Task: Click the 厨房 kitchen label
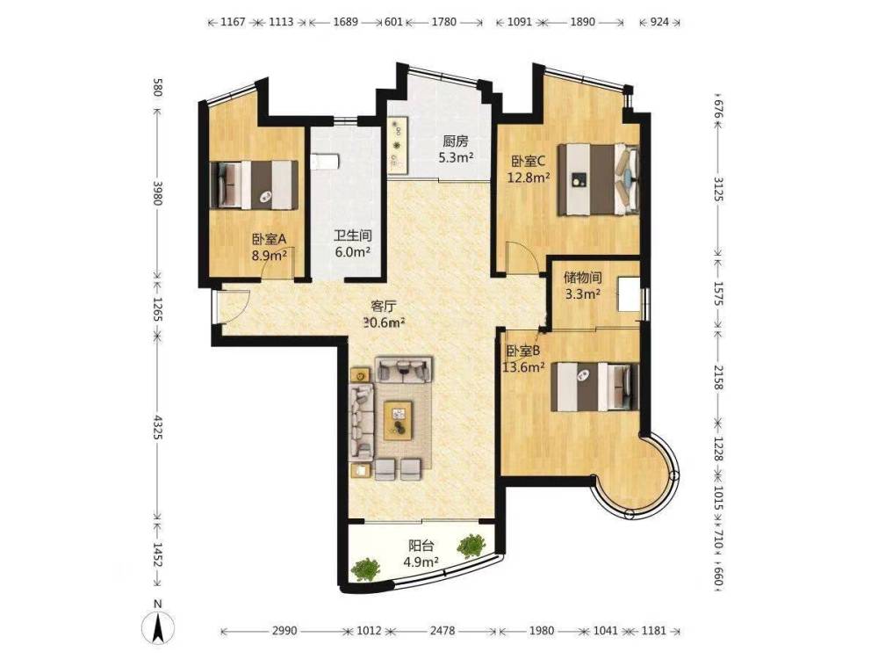point(455,141)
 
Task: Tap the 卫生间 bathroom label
point(353,236)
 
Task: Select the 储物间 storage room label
point(582,278)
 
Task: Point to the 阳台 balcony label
point(421,546)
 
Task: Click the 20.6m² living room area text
point(385,322)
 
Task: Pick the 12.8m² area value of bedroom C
point(528,178)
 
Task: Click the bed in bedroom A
point(254,185)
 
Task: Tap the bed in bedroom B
point(594,387)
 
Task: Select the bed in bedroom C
point(598,179)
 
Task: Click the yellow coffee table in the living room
point(399,420)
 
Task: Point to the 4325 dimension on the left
point(158,428)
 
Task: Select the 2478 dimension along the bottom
point(443,631)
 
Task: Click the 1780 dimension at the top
point(444,23)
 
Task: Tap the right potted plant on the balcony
point(471,546)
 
